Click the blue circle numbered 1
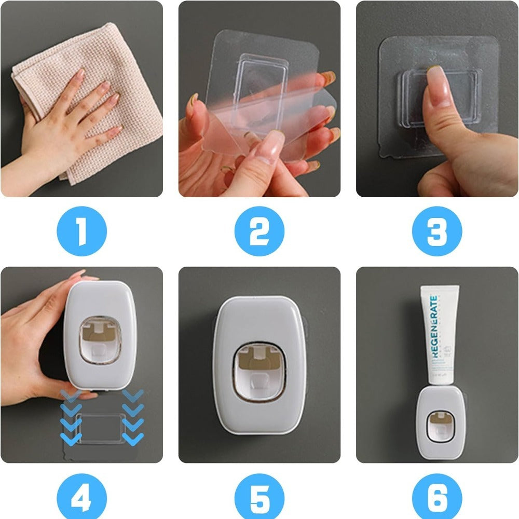pos(81,232)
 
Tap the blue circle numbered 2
pos(259,232)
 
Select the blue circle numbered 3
pos(437,232)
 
